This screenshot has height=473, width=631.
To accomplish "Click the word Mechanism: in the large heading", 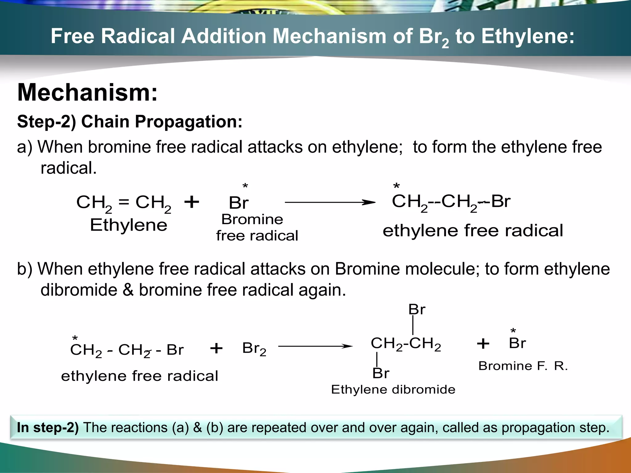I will pyautogui.click(x=88, y=92).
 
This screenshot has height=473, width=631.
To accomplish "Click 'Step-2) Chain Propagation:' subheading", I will pyautogui.click(x=130, y=121).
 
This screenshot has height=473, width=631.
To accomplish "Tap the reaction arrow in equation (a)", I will pyautogui.click(x=330, y=202).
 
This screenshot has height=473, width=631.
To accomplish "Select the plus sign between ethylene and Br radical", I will pyautogui.click(x=192, y=202).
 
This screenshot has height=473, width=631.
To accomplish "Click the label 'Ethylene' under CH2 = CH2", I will pyautogui.click(x=128, y=225).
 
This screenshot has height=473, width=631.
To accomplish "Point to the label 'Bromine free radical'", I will pyautogui.click(x=257, y=228).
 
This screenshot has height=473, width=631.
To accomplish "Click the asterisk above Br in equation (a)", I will pyautogui.click(x=245, y=186).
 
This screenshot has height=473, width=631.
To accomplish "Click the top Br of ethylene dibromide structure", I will pyautogui.click(x=417, y=309).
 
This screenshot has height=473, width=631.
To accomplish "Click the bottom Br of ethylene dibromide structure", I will pyautogui.click(x=381, y=373).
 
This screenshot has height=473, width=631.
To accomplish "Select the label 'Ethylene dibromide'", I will pyautogui.click(x=393, y=390).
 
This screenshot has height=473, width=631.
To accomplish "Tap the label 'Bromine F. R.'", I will pyautogui.click(x=523, y=366).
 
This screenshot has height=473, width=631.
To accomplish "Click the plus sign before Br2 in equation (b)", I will pyautogui.click(x=216, y=348).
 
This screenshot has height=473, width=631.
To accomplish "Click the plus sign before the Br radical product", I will pyautogui.click(x=483, y=343).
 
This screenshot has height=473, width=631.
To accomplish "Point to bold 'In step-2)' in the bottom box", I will pyautogui.click(x=48, y=427).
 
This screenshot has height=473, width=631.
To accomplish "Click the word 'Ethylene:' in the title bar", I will pyautogui.click(x=528, y=36).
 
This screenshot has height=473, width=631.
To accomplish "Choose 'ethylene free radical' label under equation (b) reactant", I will pyautogui.click(x=140, y=376).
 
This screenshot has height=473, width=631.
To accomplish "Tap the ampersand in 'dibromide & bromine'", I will pyautogui.click(x=128, y=290).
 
